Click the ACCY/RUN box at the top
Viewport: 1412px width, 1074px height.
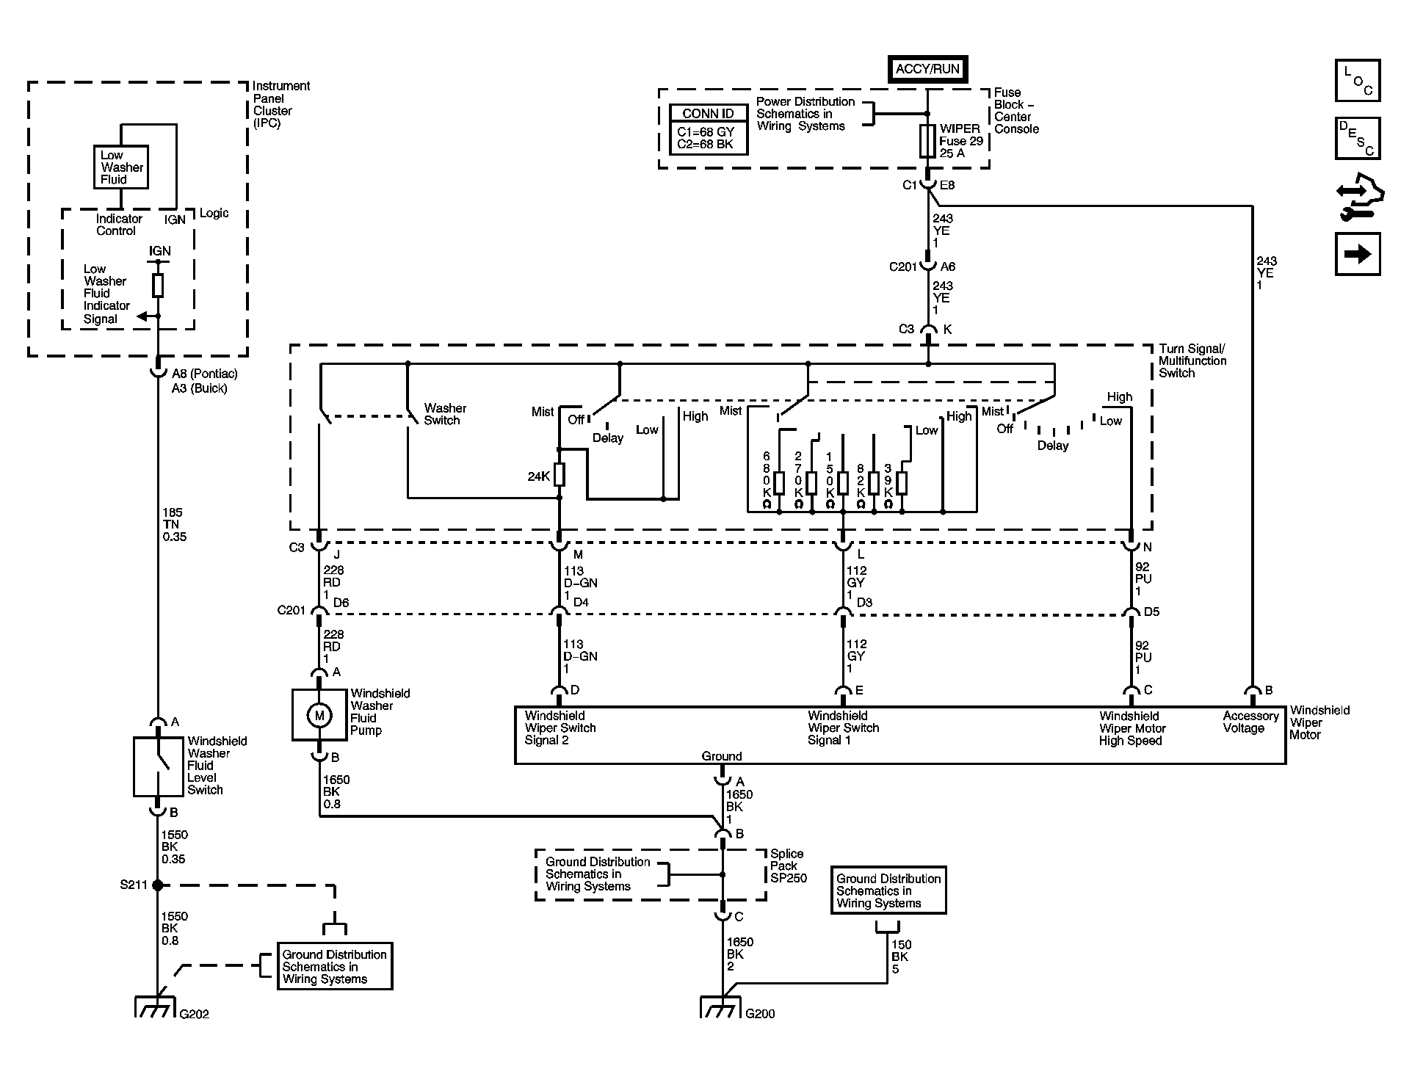pos(927,69)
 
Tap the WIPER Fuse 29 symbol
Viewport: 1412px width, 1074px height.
pos(927,140)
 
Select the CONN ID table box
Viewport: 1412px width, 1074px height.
pos(709,130)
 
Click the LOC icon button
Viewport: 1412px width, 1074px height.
pos(1358,80)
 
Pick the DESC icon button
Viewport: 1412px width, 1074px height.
pos(1358,139)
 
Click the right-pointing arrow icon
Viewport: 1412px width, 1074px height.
pos(1358,254)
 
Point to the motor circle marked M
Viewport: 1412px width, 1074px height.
pos(319,715)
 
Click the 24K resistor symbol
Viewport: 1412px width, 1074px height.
pos(560,475)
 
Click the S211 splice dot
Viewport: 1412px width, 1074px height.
pos(157,885)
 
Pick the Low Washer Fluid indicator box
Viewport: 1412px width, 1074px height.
pos(120,167)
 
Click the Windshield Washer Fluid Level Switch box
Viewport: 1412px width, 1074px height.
pos(158,766)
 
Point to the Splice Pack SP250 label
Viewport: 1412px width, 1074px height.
pos(788,866)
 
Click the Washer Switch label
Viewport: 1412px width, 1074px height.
pos(445,414)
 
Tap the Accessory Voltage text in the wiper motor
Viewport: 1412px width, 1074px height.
pos(1250,722)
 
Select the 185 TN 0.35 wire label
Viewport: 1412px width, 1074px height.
pos(175,525)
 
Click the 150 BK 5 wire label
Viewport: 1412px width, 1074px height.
pos(901,957)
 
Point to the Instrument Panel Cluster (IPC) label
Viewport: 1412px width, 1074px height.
pos(281,104)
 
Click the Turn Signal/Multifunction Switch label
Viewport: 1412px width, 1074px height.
pos(1192,360)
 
